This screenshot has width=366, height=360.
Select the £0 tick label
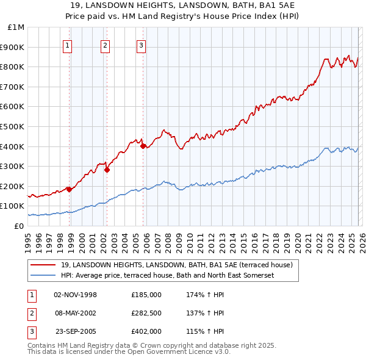[x=18, y=226]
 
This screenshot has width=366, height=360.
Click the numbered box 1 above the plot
[x=67, y=45]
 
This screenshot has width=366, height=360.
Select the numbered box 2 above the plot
[x=105, y=45]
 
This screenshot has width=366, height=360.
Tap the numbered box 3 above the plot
[x=141, y=45]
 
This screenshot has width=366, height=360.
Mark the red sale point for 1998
[x=69, y=189]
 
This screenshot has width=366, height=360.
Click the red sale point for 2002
[x=107, y=170]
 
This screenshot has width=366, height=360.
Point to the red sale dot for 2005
[x=143, y=146]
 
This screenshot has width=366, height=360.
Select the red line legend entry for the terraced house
[x=177, y=265]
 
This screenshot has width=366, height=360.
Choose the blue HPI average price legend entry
[x=168, y=275]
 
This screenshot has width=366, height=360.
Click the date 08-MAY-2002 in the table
[x=76, y=313]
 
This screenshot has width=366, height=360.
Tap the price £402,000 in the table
[x=146, y=331]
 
